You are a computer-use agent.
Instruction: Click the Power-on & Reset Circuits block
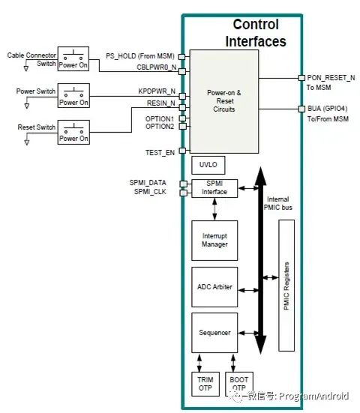(223, 100)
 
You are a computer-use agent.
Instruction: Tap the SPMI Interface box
(214, 188)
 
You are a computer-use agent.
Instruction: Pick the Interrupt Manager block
(214, 241)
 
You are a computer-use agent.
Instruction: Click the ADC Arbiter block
(214, 286)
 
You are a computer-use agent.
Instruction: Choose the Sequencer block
(214, 331)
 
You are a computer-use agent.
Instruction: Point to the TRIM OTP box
(205, 384)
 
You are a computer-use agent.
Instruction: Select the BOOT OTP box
(238, 384)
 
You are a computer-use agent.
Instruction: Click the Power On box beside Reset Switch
(73, 132)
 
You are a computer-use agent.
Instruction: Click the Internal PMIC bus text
(280, 204)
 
